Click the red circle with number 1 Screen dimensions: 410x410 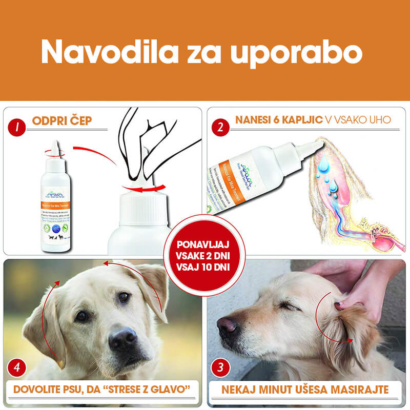pyautogui.click(x=19, y=126)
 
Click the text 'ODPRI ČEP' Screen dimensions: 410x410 pyautogui.click(x=61, y=121)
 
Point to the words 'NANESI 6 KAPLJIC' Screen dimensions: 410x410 pyautogui.click(x=279, y=119)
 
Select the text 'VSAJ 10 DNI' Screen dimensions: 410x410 pyautogui.click(x=205, y=266)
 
